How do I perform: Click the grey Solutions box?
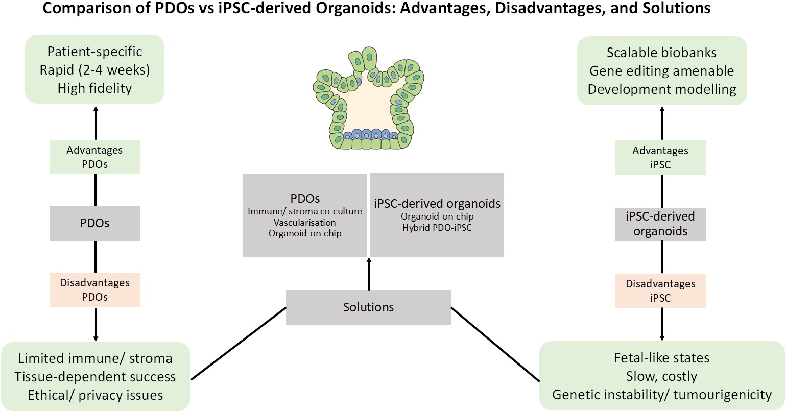[368, 307]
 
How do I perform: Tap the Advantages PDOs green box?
[95, 157]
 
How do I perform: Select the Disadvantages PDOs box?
[95, 289]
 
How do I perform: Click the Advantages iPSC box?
[660, 157]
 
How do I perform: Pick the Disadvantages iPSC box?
[660, 290]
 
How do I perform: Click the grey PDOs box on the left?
[95, 223]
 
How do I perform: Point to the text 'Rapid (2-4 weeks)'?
[95, 70]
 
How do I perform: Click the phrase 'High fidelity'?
[95, 88]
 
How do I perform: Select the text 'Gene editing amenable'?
[662, 71]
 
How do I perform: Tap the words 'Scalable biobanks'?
[662, 53]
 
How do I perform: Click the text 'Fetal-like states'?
[662, 358]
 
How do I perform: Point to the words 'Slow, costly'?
[662, 377]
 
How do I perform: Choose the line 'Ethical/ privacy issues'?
[96, 395]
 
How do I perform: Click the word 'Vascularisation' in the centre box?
[305, 222]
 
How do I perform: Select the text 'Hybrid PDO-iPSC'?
[437, 228]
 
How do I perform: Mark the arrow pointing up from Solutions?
[369, 274]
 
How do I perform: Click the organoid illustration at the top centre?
[368, 98]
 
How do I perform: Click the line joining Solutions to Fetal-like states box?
[495, 344]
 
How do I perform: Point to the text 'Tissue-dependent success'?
[95, 377]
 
